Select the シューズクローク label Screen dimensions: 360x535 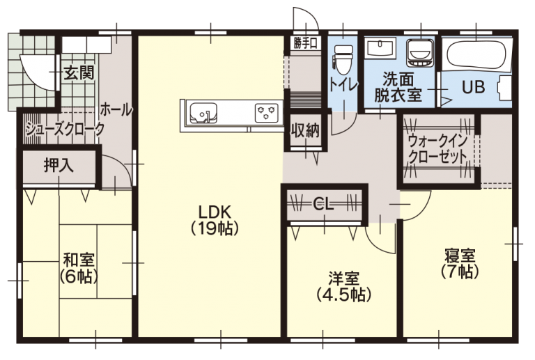click(x=64, y=129)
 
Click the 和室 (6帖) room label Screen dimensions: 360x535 click(x=79, y=267)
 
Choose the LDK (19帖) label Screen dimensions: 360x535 click(x=214, y=219)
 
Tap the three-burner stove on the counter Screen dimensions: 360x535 click(x=265, y=111)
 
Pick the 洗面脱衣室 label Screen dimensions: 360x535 click(x=398, y=87)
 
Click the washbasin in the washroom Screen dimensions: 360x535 click(x=380, y=49)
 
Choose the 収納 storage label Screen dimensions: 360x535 click(x=305, y=130)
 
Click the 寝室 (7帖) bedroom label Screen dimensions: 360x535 click(x=460, y=263)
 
